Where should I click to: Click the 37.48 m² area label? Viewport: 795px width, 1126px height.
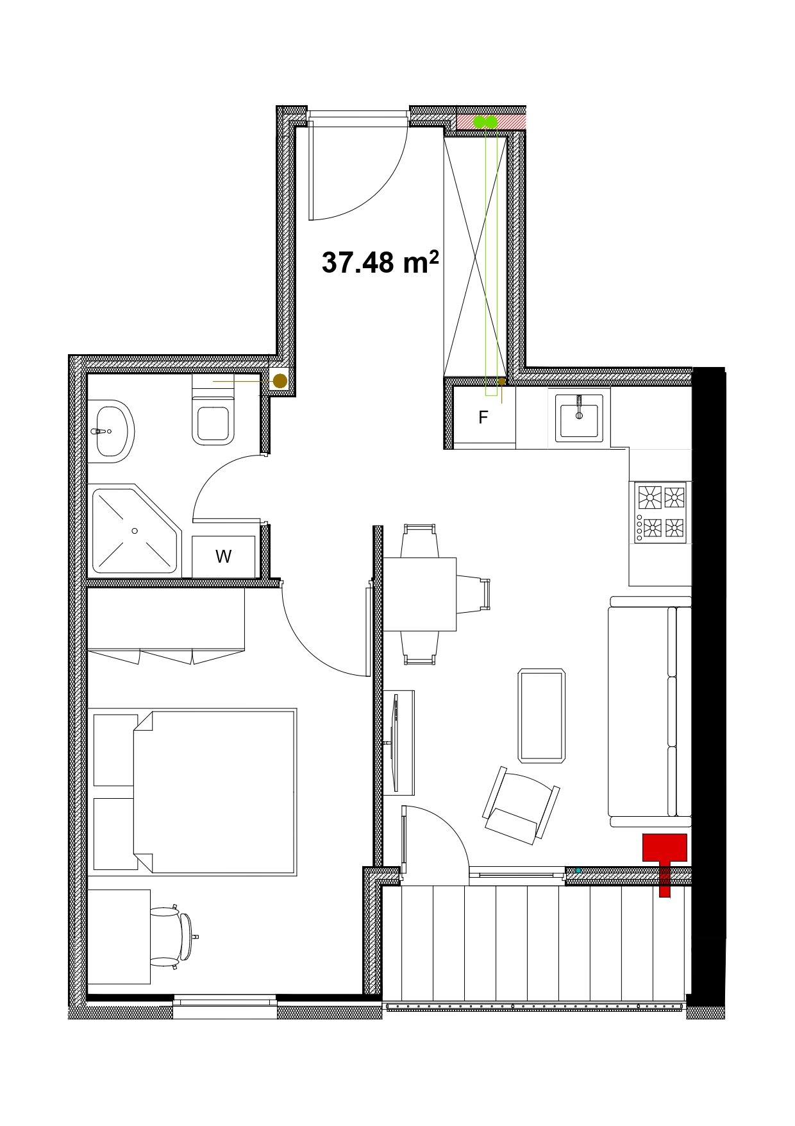coord(380,262)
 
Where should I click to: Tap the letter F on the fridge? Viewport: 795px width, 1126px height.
coord(483,418)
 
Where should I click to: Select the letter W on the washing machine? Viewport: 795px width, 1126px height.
coord(223,556)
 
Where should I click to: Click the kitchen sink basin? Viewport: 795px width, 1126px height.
coord(579,418)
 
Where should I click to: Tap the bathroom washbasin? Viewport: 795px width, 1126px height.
coord(110,431)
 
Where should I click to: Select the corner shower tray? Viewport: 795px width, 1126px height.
coord(135,530)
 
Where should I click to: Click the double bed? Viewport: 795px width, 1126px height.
coord(214,791)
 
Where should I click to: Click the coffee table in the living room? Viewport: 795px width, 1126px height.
coord(542,715)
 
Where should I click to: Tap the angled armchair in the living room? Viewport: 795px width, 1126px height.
coord(521,806)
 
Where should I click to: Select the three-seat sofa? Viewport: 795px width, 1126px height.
coord(650,712)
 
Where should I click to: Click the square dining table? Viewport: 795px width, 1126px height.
coord(419,594)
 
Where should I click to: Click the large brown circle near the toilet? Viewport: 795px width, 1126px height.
coord(280,380)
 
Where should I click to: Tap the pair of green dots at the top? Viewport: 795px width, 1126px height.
coord(485,122)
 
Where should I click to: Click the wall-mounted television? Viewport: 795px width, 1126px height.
coord(394,742)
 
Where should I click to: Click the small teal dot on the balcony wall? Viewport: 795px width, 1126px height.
coord(578,870)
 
